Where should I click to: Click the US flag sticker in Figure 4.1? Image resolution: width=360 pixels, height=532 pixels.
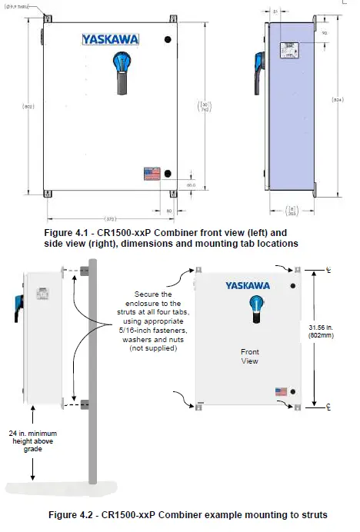pos(151,173)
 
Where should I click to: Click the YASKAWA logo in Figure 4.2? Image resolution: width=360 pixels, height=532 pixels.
pos(247,286)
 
